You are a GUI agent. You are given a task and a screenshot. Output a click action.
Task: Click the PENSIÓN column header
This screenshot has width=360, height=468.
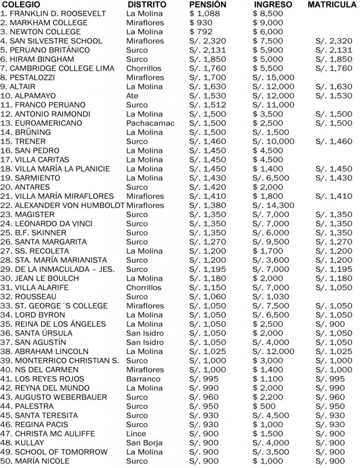tap(207, 5)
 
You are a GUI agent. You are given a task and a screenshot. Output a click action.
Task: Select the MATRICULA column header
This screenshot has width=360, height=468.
tap(332, 5)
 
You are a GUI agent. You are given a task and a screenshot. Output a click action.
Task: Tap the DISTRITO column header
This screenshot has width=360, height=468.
tap(146, 5)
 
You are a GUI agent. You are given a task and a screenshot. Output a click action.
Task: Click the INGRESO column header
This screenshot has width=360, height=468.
tap(273, 5)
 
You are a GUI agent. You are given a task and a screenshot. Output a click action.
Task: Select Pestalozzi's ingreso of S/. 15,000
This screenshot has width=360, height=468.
tap(273, 78)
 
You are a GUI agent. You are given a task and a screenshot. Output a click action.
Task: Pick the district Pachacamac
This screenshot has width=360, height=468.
tap(150, 123)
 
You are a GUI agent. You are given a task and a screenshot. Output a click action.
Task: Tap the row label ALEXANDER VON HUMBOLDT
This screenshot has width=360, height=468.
tap(63, 206)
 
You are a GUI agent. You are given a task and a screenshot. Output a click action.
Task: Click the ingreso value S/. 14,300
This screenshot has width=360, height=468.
tap(273, 206)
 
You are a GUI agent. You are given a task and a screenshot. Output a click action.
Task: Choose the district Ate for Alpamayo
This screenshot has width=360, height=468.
tap(132, 96)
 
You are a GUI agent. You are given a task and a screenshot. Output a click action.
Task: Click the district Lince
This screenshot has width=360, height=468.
tap(136, 434)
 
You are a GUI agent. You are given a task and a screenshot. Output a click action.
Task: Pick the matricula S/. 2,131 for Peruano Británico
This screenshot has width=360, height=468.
tap(334, 50)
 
